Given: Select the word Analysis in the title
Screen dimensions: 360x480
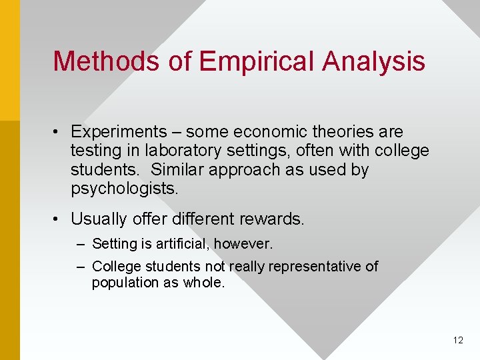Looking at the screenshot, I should point(374,61).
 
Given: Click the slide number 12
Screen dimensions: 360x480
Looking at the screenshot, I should point(457,340).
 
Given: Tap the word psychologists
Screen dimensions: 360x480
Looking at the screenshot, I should point(124,189).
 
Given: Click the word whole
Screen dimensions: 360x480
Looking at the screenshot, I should point(204,282).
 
